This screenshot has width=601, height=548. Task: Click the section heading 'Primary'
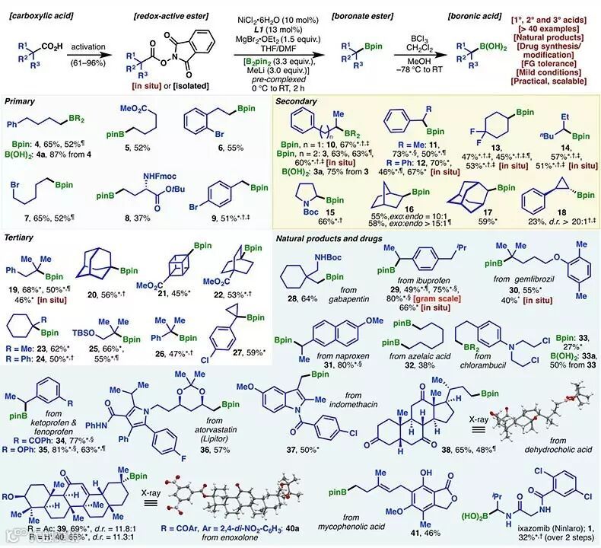click(22, 101)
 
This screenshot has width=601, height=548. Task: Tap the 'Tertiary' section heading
click(23, 237)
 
